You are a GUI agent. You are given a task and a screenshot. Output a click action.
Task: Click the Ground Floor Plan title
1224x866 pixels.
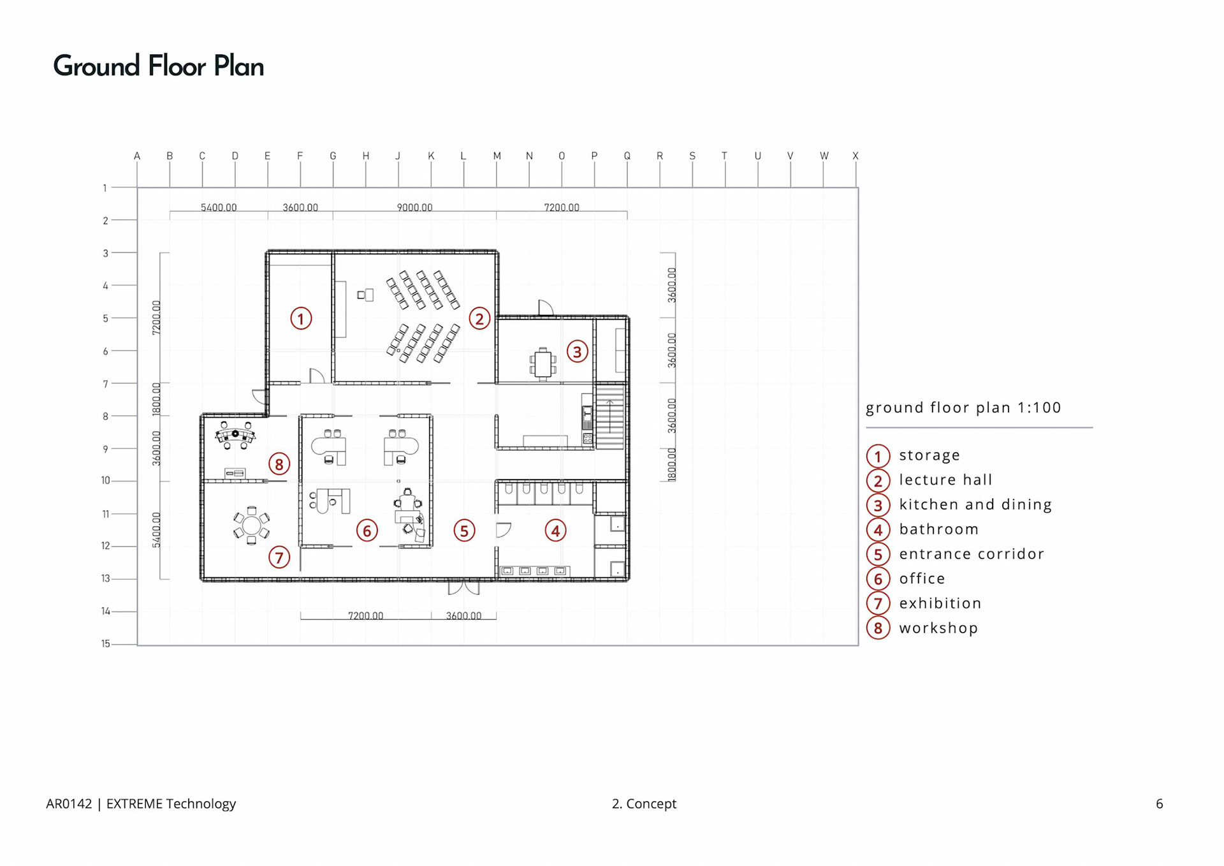pos(158,66)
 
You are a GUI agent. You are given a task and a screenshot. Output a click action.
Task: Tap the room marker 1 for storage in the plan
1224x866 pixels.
pos(301,318)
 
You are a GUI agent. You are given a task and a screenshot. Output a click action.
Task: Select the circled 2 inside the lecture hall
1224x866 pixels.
pos(479,318)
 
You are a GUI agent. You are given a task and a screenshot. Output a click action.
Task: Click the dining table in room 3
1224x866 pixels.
pos(543,364)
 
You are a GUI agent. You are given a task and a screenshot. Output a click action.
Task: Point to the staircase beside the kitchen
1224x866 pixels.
pos(609,416)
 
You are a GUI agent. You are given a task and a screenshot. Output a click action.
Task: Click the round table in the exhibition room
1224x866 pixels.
pos(252,525)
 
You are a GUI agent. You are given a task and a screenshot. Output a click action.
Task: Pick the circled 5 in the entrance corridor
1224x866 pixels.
pos(464,531)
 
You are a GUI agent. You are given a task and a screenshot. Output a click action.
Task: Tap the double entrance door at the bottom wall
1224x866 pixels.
pos(463,587)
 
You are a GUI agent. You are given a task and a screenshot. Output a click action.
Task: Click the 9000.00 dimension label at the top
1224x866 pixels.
pos(414,208)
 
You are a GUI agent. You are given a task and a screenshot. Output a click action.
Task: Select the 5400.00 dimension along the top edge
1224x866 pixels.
pos(219,208)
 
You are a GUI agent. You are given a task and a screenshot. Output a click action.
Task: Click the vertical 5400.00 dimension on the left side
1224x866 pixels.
pos(156,530)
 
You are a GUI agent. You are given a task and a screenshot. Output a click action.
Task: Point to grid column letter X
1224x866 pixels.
pos(856,156)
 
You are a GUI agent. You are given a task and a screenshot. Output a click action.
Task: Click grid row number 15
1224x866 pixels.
pos(106,643)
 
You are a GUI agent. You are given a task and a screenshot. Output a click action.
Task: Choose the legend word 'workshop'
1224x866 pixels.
pos(938,628)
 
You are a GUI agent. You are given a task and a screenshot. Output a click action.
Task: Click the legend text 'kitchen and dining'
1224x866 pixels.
pos(975,504)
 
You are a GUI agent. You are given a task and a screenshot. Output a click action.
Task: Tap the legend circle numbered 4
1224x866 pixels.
pos(878,530)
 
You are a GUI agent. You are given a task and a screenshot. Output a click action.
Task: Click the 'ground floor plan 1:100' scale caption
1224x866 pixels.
pos(963,407)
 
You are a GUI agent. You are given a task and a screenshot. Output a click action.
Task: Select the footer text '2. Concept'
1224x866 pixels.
pos(644,804)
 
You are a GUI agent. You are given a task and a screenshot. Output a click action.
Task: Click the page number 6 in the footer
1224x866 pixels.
pos(1160,804)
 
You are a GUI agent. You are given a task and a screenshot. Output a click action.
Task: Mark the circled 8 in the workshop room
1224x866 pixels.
pos(279,464)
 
